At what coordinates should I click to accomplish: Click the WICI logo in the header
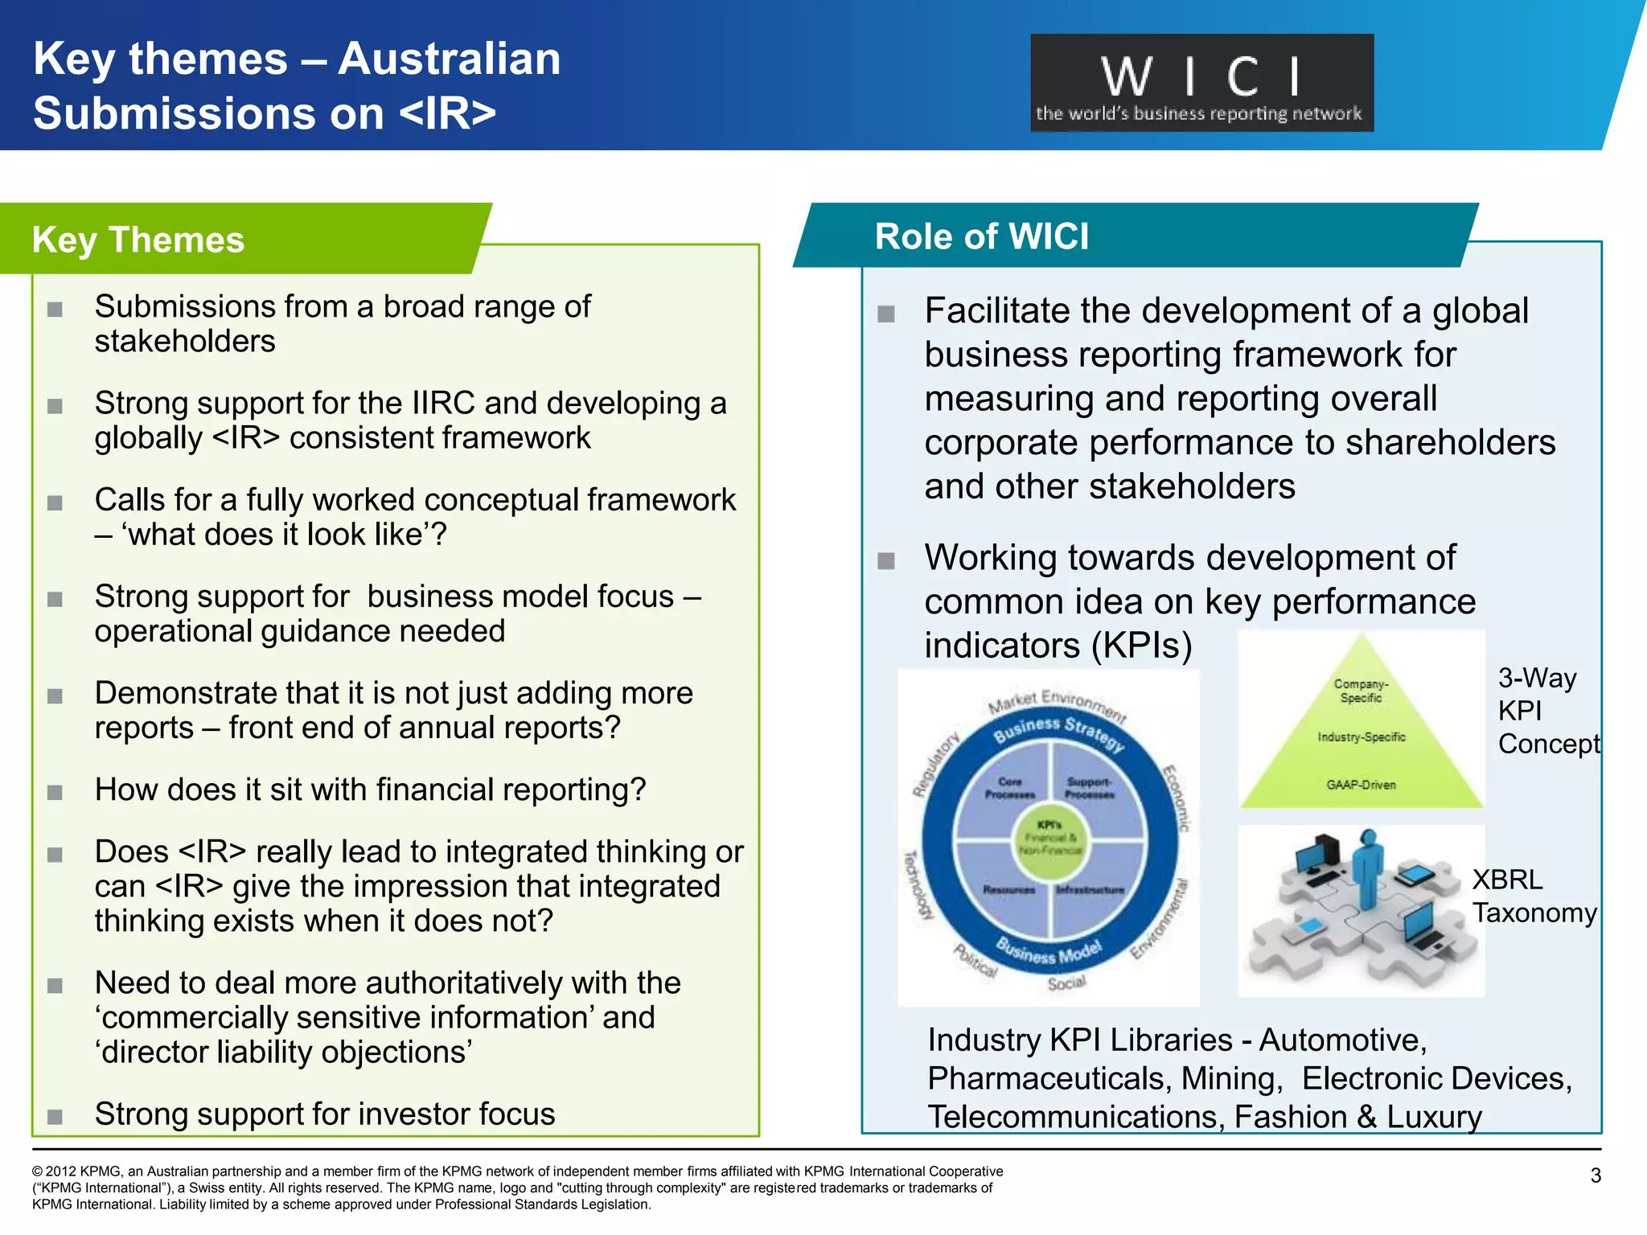click(x=1201, y=83)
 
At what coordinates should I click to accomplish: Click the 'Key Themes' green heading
click(x=138, y=240)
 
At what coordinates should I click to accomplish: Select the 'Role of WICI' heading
click(x=981, y=236)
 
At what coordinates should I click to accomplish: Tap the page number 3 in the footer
click(x=1596, y=1176)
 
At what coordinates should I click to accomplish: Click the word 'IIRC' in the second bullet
click(x=443, y=403)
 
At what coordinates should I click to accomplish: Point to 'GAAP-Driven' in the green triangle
click(x=1361, y=785)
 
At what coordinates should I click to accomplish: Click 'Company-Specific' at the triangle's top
click(x=1361, y=691)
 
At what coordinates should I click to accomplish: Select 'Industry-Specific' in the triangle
click(x=1361, y=737)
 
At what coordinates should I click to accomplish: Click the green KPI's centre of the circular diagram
click(x=1049, y=839)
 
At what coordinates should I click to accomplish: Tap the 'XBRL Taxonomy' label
click(x=1534, y=897)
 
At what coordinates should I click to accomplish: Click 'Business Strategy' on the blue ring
click(x=1059, y=732)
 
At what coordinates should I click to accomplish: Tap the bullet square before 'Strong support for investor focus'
click(x=55, y=1116)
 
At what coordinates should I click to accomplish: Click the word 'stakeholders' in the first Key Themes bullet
click(x=185, y=342)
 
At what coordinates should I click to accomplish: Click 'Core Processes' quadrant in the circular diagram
click(x=1010, y=788)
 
